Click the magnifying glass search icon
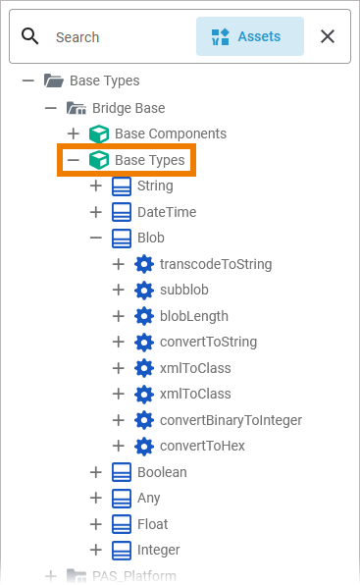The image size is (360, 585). click(29, 36)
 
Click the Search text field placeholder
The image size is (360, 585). click(77, 37)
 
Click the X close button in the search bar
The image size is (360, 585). click(328, 36)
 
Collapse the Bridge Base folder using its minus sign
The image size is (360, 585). click(51, 108)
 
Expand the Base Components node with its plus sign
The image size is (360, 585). click(74, 133)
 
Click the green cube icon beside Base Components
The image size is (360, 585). click(99, 133)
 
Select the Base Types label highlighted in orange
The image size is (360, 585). click(150, 160)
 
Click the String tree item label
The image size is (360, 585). click(155, 186)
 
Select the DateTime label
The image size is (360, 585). click(167, 212)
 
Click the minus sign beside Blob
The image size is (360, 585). click(96, 238)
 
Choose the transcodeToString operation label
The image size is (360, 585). click(216, 264)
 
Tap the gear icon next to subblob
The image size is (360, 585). click(144, 290)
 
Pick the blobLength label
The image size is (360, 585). click(194, 316)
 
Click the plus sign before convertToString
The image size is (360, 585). click(119, 342)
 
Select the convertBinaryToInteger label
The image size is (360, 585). click(231, 420)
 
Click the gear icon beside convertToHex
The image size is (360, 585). click(144, 446)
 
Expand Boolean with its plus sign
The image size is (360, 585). click(96, 472)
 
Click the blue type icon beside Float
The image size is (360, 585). click(122, 524)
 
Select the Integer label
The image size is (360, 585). click(158, 550)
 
